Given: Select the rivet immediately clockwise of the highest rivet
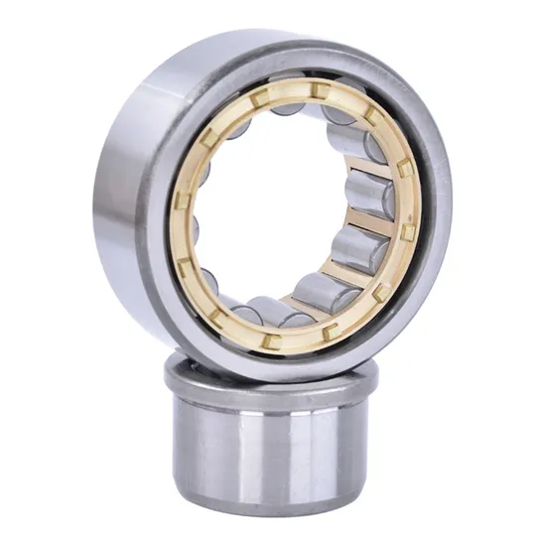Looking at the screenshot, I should (x=370, y=116).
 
